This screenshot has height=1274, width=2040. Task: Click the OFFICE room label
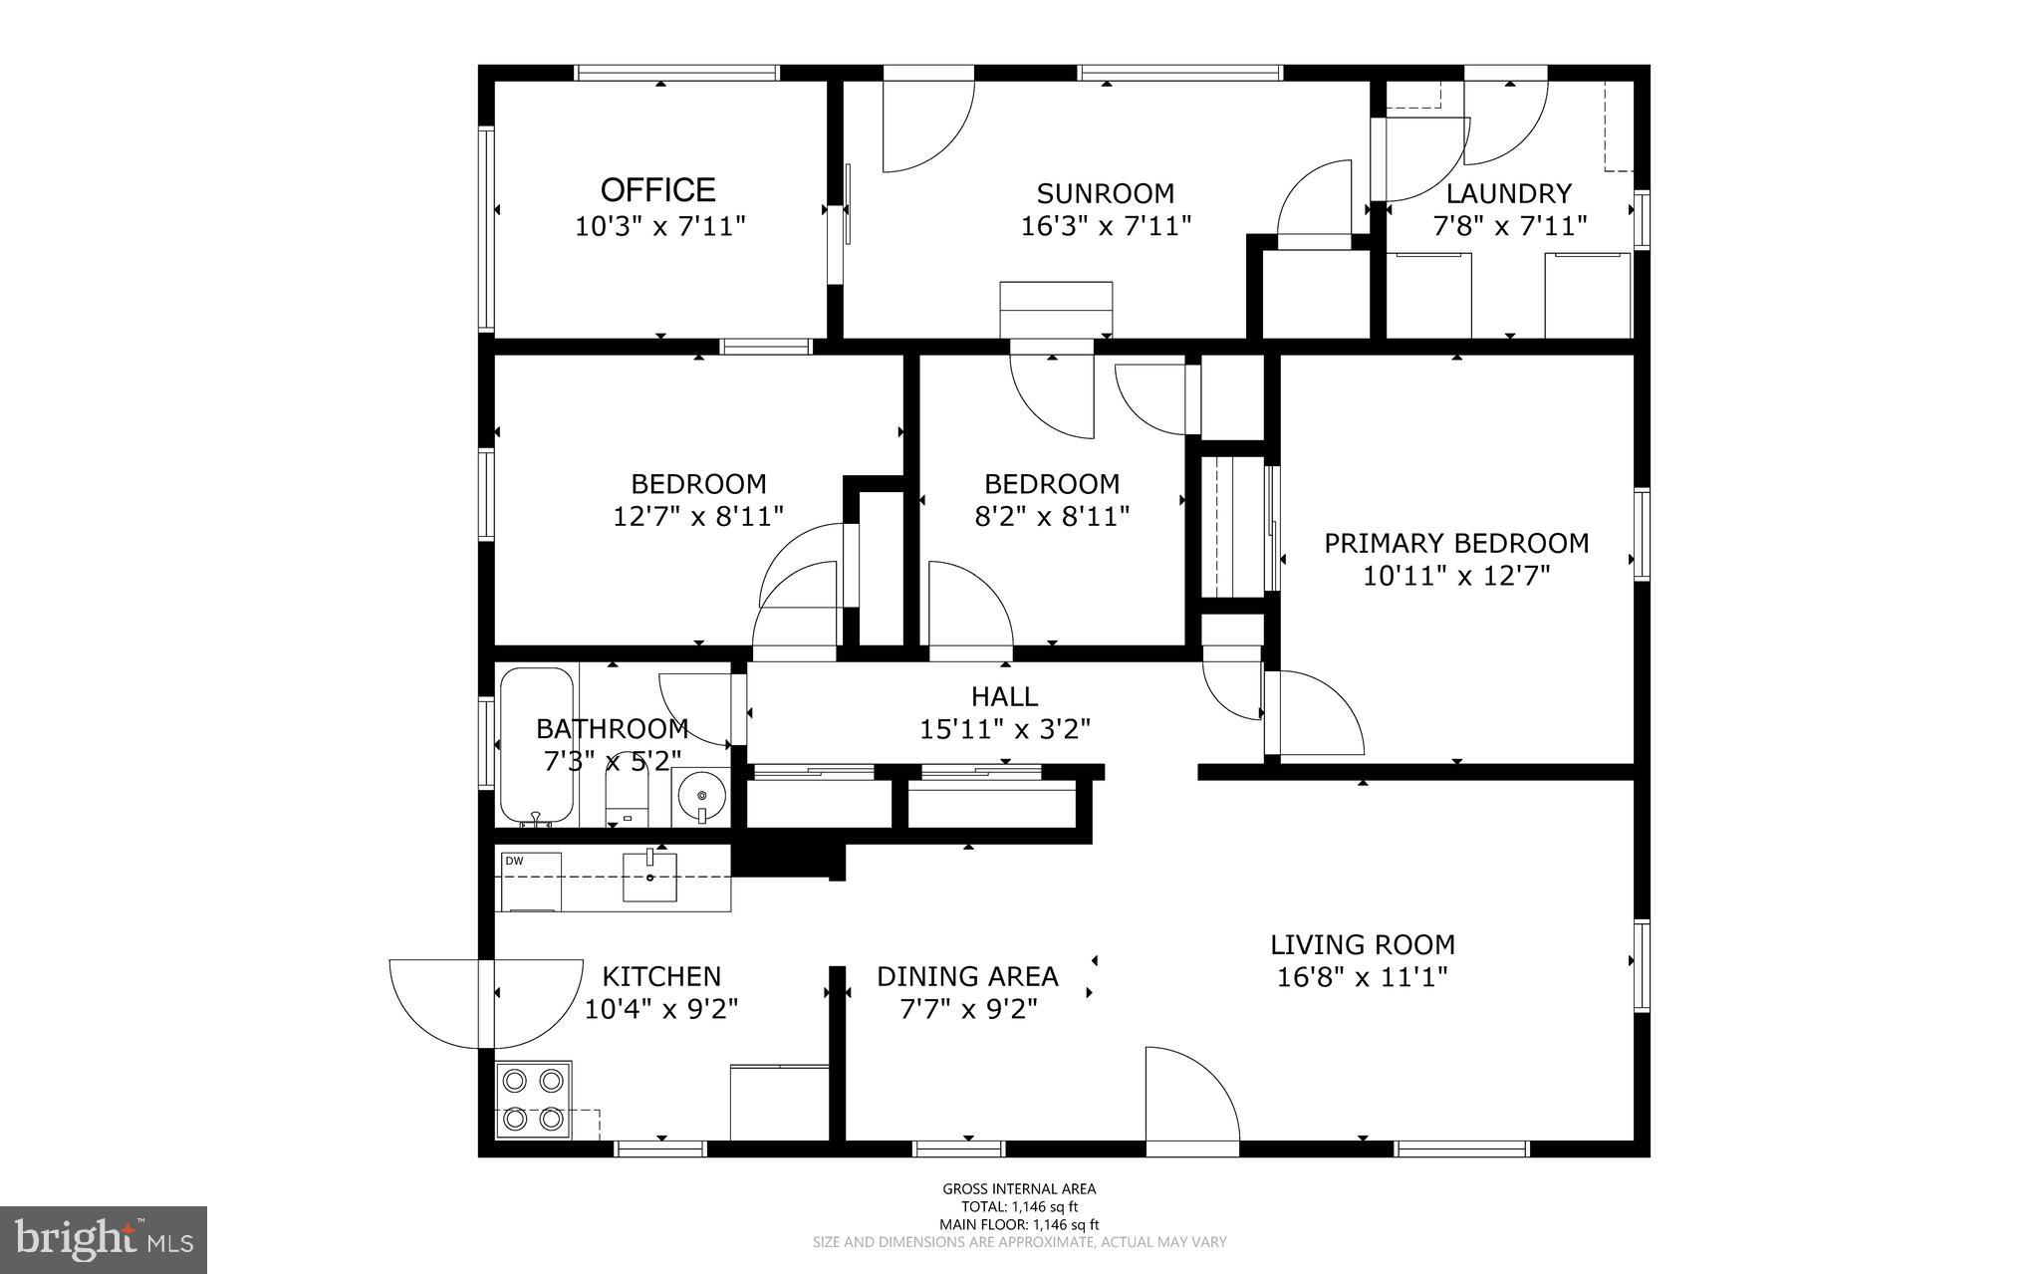point(657,189)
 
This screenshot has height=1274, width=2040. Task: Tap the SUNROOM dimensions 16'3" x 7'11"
point(1106,226)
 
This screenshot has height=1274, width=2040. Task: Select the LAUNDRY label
point(1509,193)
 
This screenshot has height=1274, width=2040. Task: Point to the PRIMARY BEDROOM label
point(1456,543)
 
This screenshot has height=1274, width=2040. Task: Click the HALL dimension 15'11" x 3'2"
point(1005,729)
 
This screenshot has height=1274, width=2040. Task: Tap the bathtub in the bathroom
point(537,746)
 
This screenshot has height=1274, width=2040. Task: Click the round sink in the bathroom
point(701,796)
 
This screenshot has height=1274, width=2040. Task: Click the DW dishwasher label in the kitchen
point(514,861)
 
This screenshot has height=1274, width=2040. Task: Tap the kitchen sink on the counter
point(649,876)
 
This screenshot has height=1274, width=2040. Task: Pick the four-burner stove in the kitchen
point(533,1101)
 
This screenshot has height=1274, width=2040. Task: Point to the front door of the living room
point(1191,1096)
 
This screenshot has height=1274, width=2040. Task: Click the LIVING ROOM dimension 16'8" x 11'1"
point(1363,976)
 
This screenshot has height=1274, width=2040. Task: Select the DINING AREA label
point(967,976)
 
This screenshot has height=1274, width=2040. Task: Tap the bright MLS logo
point(104,1239)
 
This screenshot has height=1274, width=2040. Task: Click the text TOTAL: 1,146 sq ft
point(1020,1206)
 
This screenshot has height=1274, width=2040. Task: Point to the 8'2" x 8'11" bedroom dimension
point(1052,516)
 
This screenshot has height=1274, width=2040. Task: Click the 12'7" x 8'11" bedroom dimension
point(698,516)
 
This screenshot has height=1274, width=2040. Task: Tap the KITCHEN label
point(662,976)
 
